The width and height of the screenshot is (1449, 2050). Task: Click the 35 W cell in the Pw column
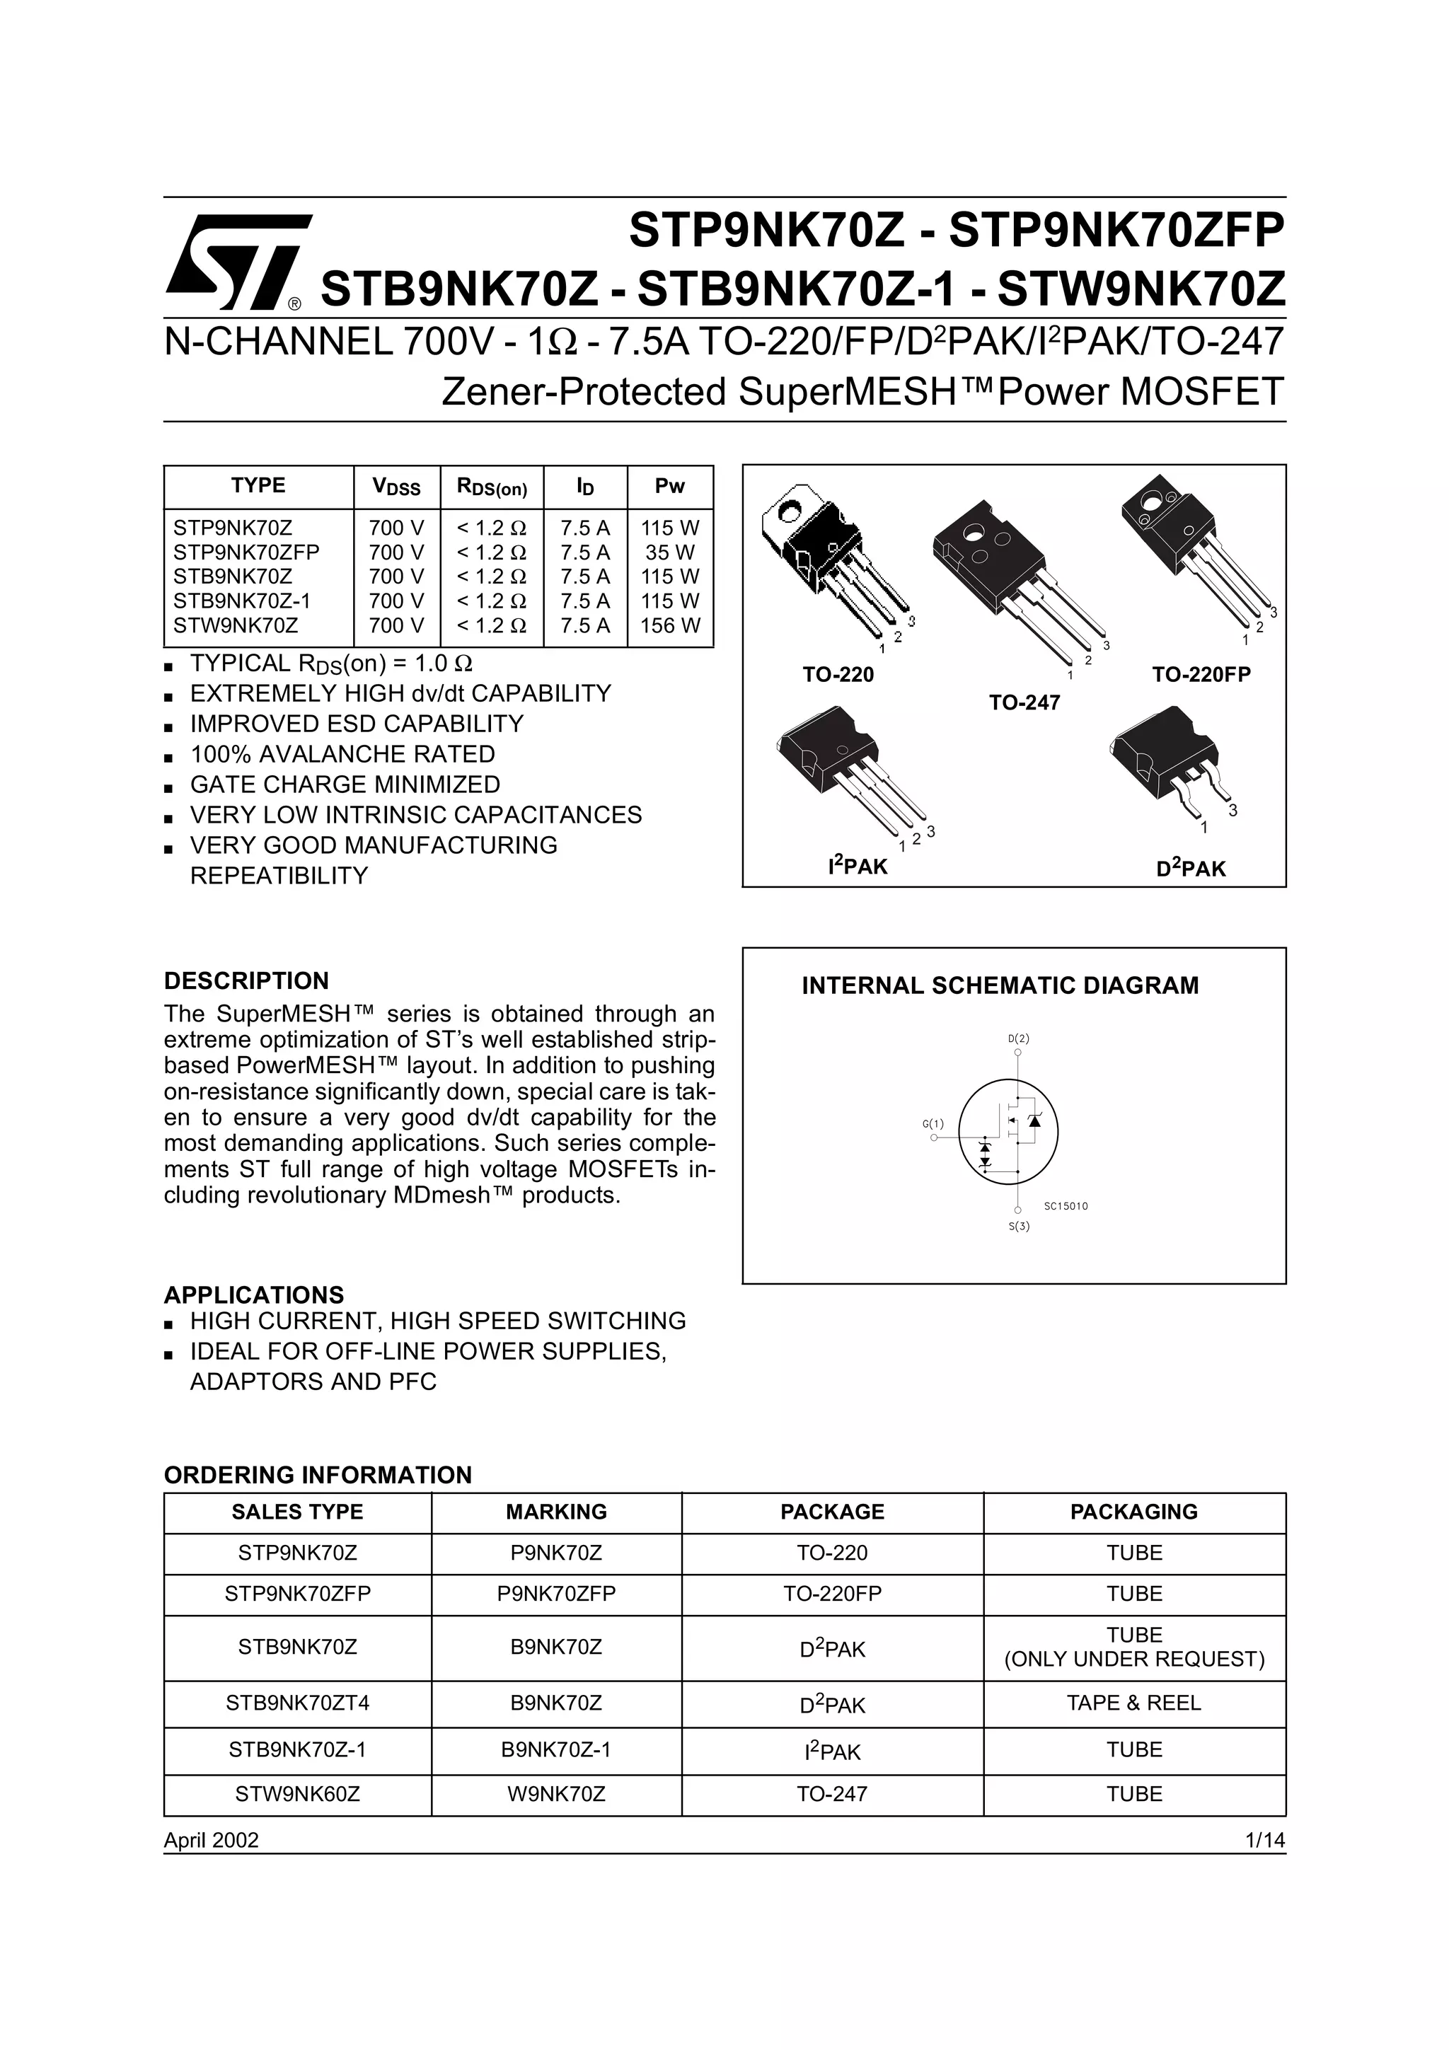[x=669, y=552]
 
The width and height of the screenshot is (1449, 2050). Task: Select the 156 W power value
[x=669, y=625]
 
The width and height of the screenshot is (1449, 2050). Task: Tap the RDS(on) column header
[x=492, y=487]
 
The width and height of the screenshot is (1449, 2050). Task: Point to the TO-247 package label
[x=1024, y=702]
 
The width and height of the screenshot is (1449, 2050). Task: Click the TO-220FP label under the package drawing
[x=1201, y=674]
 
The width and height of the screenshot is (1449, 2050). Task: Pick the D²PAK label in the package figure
[x=1191, y=867]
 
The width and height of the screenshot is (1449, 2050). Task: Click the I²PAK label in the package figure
[x=857, y=865]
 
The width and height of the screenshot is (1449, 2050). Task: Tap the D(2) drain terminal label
[x=1018, y=1038]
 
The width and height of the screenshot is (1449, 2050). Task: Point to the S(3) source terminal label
[x=1019, y=1226]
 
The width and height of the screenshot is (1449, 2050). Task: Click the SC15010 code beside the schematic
[x=1066, y=1206]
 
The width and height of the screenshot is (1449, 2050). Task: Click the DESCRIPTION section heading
[x=246, y=980]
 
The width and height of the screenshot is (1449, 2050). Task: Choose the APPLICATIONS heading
[x=253, y=1295]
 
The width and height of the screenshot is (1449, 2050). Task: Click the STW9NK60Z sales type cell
[x=297, y=1794]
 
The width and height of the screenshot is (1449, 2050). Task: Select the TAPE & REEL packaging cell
[x=1134, y=1703]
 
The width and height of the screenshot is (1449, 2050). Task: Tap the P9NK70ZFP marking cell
[x=556, y=1594]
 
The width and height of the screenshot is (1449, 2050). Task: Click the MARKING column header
[x=556, y=1512]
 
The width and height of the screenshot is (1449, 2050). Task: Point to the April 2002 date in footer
[x=212, y=1839]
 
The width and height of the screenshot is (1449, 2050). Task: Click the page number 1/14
[x=1265, y=1839]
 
